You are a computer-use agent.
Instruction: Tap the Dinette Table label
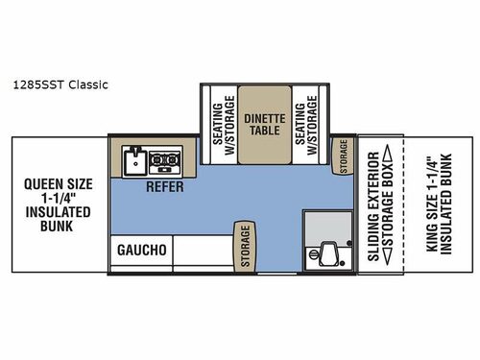point(263,126)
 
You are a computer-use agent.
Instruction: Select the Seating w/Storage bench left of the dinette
point(220,126)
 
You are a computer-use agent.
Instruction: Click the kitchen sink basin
point(135,158)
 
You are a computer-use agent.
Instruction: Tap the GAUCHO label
point(142,250)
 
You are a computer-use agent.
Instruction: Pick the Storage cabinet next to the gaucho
point(246,246)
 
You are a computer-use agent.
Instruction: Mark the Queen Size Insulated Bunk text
point(60,204)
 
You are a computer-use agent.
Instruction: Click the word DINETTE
point(263,119)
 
